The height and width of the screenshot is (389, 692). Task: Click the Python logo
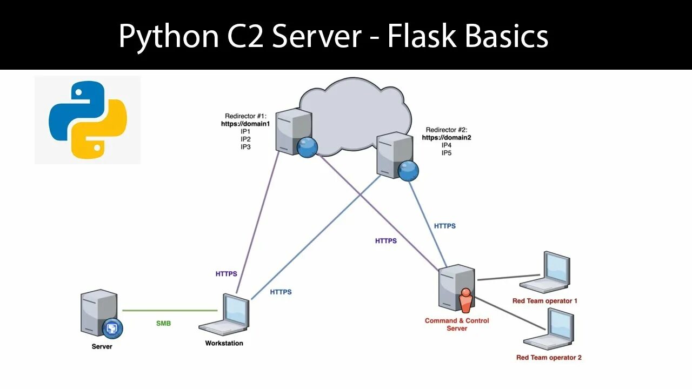pos(88,119)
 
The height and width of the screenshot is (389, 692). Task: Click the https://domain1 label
pos(245,124)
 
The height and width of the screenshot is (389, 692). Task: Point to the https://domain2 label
pos(447,138)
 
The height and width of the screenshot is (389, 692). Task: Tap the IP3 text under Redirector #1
pos(246,147)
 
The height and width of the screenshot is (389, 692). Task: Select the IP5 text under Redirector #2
pos(447,153)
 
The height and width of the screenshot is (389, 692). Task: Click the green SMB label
pos(164,323)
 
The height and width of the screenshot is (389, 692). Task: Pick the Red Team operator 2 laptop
pos(550,329)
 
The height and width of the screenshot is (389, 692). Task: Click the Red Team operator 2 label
pos(549,357)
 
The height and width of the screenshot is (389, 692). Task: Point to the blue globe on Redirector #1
pos(307,147)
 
